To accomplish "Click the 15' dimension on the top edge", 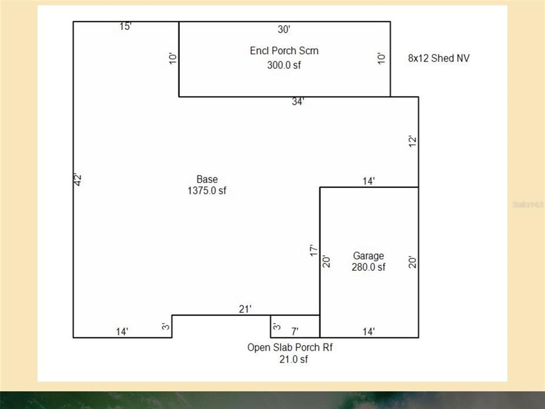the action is pyautogui.click(x=126, y=27).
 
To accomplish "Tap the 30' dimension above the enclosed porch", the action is pyautogui.click(x=284, y=30).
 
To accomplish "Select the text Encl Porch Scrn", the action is pyautogui.click(x=284, y=51).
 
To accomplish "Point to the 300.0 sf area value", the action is pyautogui.click(x=284, y=65).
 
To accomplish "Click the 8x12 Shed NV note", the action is pyautogui.click(x=439, y=58).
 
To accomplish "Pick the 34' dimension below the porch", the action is pyautogui.click(x=298, y=102).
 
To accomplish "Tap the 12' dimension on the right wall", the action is pyautogui.click(x=412, y=141).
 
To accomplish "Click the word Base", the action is pyautogui.click(x=207, y=179).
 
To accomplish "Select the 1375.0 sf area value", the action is pyautogui.click(x=207, y=190).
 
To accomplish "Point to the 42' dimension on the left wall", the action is pyautogui.click(x=78, y=179).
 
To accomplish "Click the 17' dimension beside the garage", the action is pyautogui.click(x=313, y=251).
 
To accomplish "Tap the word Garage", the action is pyautogui.click(x=368, y=256).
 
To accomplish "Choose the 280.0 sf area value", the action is pyautogui.click(x=368, y=267).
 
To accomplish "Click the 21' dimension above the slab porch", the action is pyautogui.click(x=245, y=309).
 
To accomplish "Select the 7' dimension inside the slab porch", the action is pyautogui.click(x=295, y=331).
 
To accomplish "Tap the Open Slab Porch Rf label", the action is pyautogui.click(x=290, y=347).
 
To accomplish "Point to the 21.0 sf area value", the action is pyautogui.click(x=294, y=359).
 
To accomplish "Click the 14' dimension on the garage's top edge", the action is pyautogui.click(x=369, y=181).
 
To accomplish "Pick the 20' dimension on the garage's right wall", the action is pyautogui.click(x=412, y=262).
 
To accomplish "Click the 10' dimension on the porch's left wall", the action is pyautogui.click(x=173, y=59).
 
